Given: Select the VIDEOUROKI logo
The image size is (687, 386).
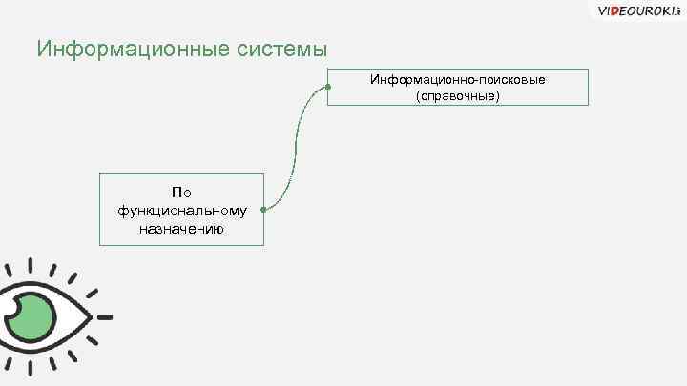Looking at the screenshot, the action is pos(636,11).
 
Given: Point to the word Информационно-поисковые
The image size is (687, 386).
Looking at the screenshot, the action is pos(458,79).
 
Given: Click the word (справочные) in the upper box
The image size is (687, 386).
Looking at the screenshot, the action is pos(458,96).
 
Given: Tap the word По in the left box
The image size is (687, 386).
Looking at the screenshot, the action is pos(181,192).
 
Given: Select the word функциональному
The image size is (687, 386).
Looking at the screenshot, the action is pos(181,210).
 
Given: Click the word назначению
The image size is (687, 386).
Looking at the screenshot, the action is pos(181,228).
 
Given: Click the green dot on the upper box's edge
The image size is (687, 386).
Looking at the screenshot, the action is pos(327,87).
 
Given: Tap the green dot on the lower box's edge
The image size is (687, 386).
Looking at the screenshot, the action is pos(263,209).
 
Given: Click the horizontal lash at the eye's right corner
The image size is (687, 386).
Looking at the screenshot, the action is pos(105,316).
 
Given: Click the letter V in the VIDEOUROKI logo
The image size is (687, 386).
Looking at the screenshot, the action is pos(601,11).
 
